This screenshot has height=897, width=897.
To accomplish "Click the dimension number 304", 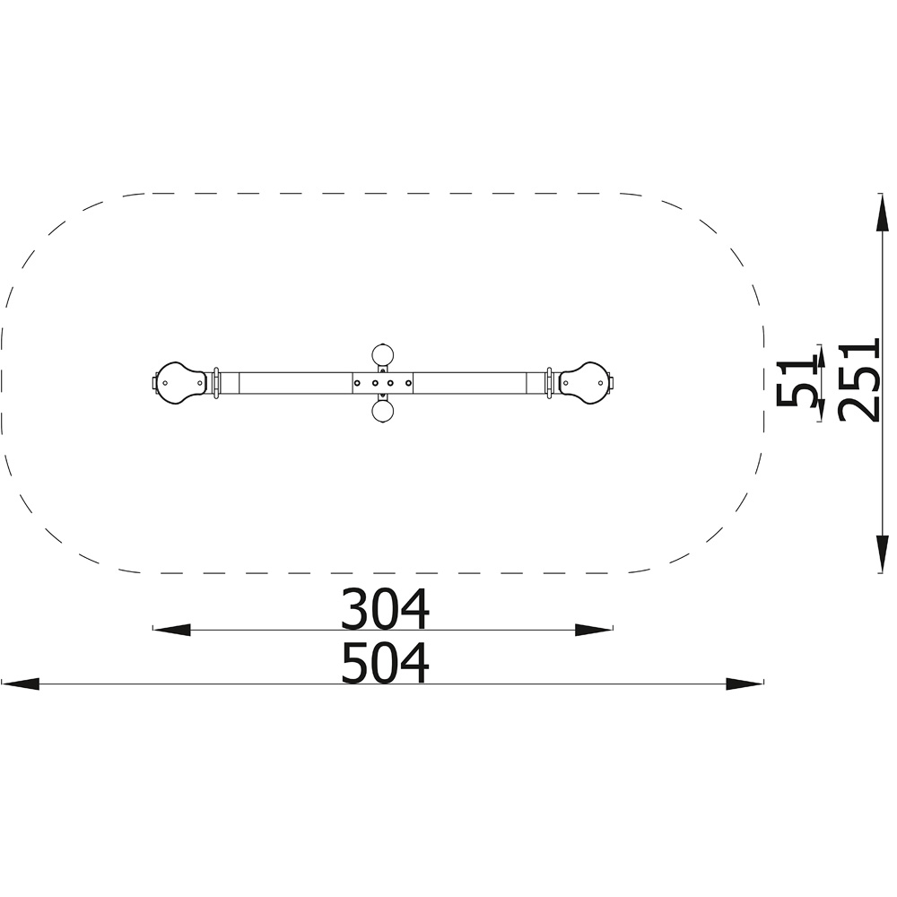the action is coord(385,609).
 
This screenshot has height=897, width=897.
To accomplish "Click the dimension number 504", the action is coord(385,663).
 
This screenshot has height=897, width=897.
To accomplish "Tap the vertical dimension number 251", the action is coord(858,381).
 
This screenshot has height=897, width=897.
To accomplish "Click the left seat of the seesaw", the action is coord(179,383).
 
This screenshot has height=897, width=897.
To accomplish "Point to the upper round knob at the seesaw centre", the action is coord(383,354).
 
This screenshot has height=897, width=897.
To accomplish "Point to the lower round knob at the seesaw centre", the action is coord(383,411).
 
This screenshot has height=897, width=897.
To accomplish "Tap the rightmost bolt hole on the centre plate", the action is coord(407,383).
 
